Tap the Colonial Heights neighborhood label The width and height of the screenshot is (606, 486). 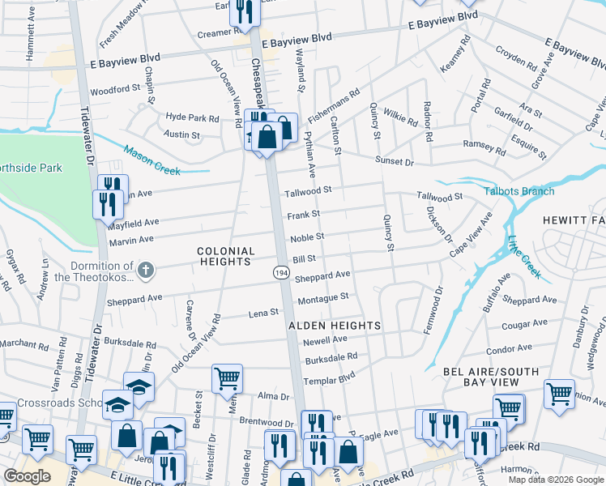click(x=226, y=257)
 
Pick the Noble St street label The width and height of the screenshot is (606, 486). click(x=308, y=237)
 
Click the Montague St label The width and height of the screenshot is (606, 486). click(x=322, y=297)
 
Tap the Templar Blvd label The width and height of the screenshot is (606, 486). click(x=329, y=378)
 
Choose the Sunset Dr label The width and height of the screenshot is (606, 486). click(x=394, y=162)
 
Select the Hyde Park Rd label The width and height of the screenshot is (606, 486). click(x=192, y=117)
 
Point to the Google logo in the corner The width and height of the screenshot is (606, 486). click(x=27, y=475)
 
